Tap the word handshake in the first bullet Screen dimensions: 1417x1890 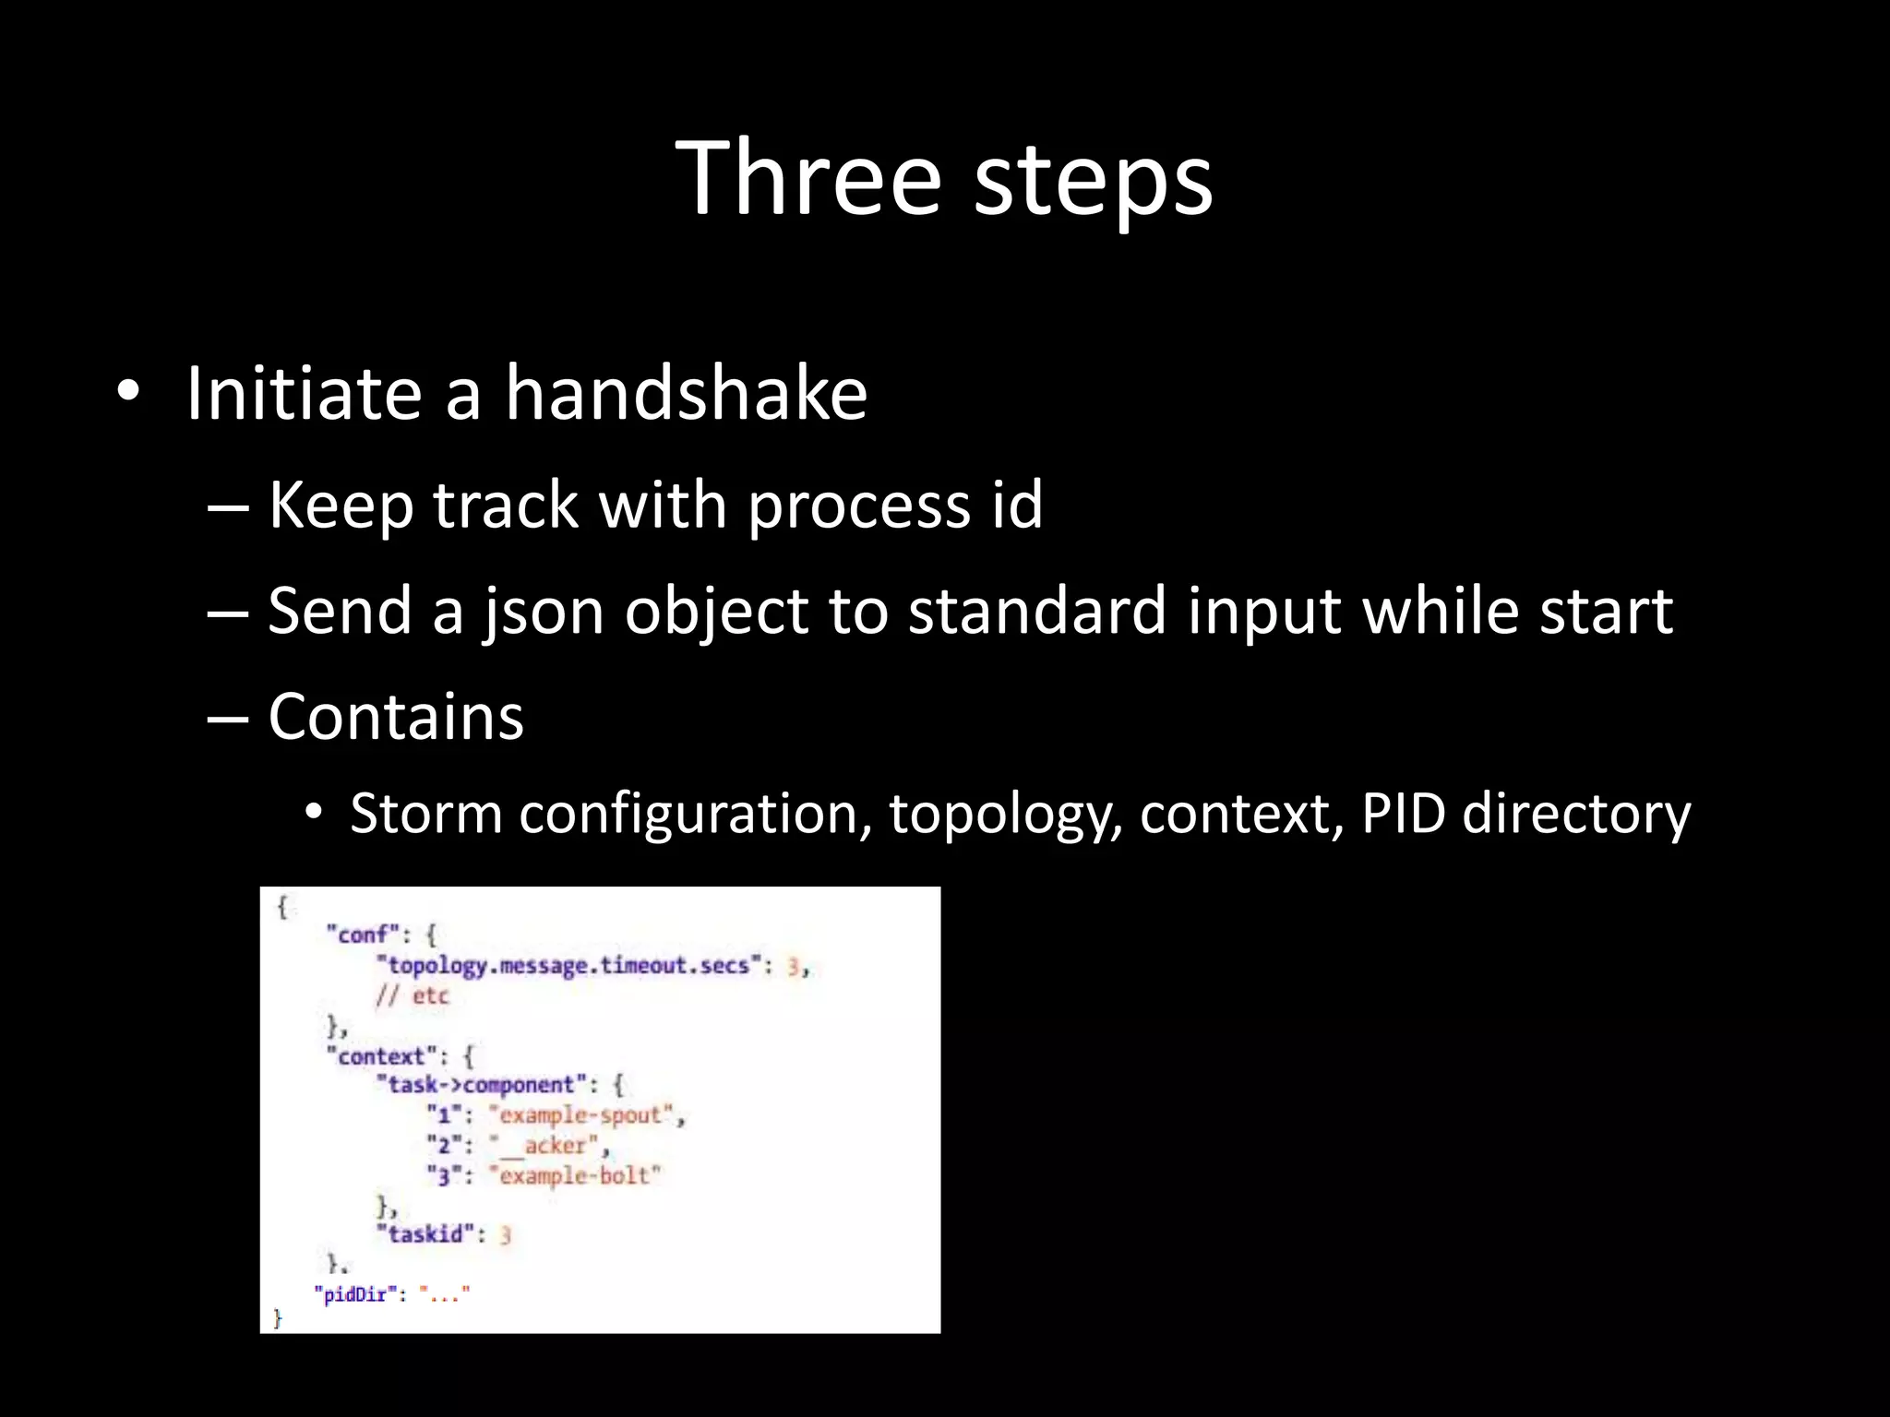tap(686, 394)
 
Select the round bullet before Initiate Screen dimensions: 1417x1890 tap(128, 393)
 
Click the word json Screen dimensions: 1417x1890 tap(542, 613)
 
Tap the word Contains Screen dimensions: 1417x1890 tap(396, 717)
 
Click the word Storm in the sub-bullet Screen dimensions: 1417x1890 tap(425, 814)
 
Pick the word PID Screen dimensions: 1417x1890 tap(1403, 814)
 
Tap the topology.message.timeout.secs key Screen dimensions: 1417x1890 tap(568, 965)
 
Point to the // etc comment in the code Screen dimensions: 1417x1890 tap(412, 995)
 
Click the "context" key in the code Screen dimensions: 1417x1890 tap(380, 1055)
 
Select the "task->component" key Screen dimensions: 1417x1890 tap(481, 1085)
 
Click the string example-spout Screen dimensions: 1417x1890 tap(580, 1115)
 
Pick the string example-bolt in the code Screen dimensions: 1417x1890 tap(574, 1175)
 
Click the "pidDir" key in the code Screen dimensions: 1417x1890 tap(354, 1294)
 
